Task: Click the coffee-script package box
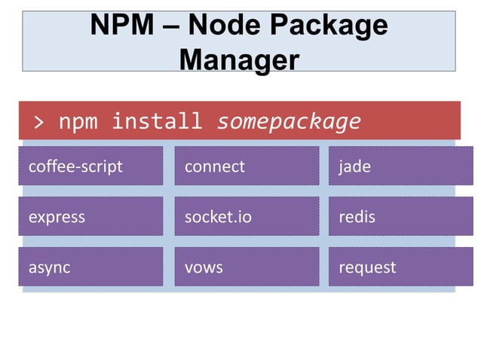(90, 166)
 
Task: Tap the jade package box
(400, 166)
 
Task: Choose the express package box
(90, 217)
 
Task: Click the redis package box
(400, 217)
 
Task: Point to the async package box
(90, 267)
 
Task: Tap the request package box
(400, 267)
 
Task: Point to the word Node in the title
(223, 26)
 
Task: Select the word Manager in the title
(240, 59)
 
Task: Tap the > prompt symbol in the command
(38, 121)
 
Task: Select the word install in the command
(157, 121)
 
